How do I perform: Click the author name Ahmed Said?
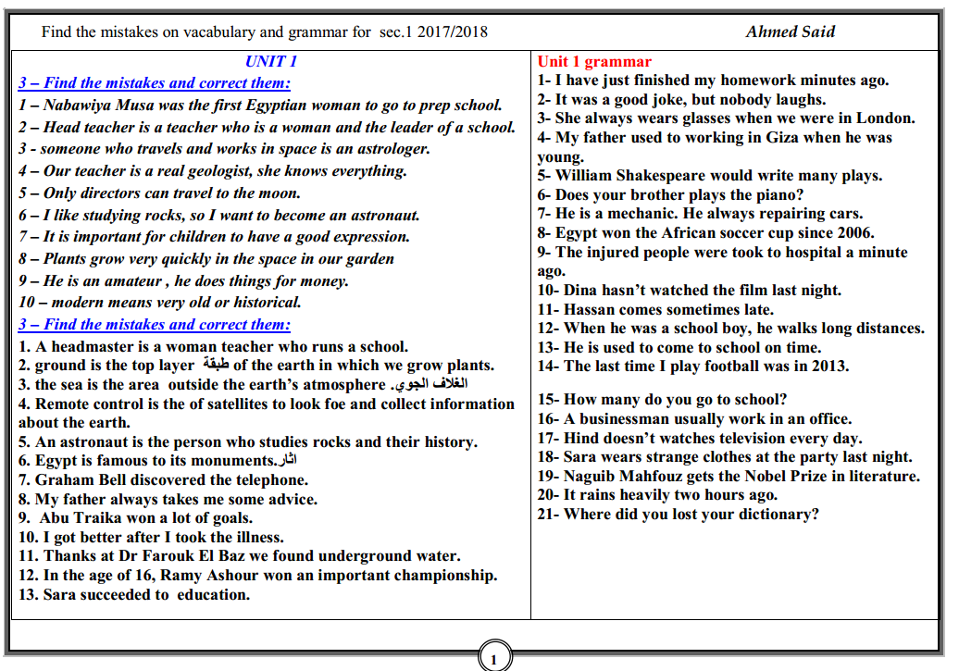click(x=790, y=32)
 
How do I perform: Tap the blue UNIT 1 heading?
click(x=271, y=62)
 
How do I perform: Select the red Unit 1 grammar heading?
click(x=594, y=62)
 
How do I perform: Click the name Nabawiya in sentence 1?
click(x=79, y=106)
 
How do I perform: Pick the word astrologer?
click(x=389, y=149)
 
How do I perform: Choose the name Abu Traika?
click(x=80, y=518)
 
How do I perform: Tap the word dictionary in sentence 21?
click(x=776, y=515)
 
